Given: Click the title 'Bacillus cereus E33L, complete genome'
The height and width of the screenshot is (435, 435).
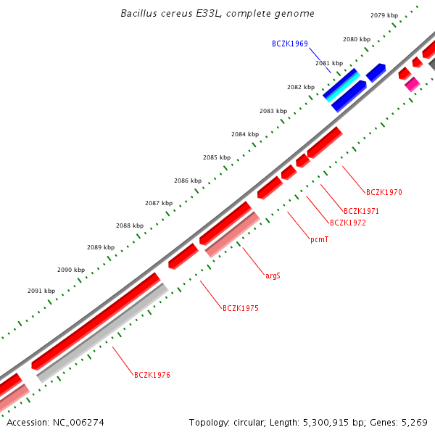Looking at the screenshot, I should tap(217, 14).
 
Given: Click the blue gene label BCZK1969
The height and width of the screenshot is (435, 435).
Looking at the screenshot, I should tap(290, 43).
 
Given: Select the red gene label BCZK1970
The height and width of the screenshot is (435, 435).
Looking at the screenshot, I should tap(384, 192).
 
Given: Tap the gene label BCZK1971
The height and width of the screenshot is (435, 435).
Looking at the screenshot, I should tap(361, 211).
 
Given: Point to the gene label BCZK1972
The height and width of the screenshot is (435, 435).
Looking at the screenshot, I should tap(347, 223).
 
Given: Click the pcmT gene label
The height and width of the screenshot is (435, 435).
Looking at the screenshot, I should tap(319, 239).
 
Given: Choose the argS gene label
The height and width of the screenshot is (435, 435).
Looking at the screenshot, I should tap(273, 275).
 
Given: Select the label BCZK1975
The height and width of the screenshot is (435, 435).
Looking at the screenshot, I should tap(240, 308).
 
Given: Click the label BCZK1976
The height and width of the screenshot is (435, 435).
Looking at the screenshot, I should tap(152, 375).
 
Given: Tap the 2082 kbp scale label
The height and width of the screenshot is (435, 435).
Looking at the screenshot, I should tap(301, 87).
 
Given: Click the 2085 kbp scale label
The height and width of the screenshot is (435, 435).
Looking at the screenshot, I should tap(217, 157).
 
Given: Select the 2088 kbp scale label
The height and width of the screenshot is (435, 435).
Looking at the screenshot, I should tap(129, 225).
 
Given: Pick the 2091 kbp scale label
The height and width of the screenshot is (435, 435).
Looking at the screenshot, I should tap(41, 291).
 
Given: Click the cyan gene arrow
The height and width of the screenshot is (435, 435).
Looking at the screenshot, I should tap(341, 86).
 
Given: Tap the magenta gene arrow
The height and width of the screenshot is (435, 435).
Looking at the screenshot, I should tap(413, 85).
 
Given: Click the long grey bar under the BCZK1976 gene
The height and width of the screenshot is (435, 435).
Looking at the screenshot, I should tap(102, 333).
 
